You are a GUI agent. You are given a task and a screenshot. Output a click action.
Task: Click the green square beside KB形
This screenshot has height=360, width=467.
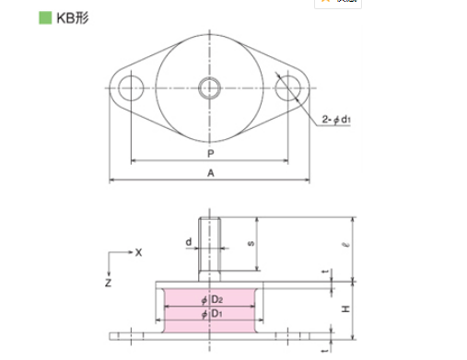click(15, 17)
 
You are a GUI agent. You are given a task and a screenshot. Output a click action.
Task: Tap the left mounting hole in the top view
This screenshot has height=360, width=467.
click(131, 88)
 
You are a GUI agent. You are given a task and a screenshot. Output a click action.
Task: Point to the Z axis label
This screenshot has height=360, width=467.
click(108, 284)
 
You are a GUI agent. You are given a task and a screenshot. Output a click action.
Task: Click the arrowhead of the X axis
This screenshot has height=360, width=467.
click(129, 251)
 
